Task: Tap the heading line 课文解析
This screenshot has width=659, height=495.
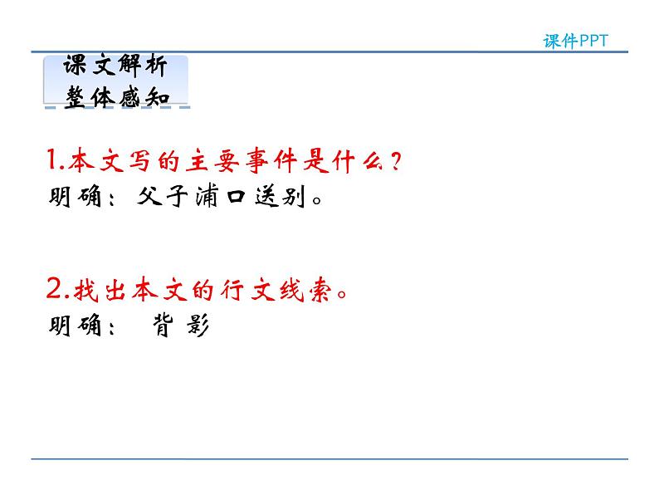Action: (x=116, y=68)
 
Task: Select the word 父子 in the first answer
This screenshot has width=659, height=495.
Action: (x=157, y=198)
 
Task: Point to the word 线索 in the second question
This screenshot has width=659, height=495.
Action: (x=300, y=292)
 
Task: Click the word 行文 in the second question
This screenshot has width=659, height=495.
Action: (x=247, y=292)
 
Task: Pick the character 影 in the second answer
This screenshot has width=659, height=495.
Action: (x=198, y=327)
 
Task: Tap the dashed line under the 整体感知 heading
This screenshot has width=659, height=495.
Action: (x=116, y=107)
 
